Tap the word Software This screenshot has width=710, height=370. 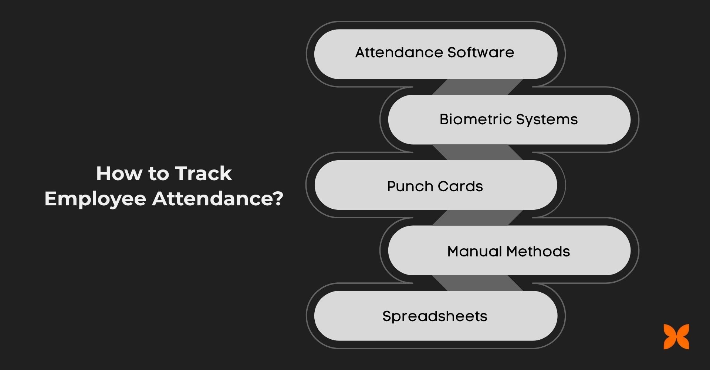(x=480, y=53)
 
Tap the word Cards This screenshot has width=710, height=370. (x=462, y=186)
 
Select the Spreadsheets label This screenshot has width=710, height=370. (x=435, y=316)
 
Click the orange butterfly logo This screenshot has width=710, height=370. (x=676, y=337)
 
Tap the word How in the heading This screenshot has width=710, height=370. (x=119, y=174)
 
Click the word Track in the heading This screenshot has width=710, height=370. (x=203, y=174)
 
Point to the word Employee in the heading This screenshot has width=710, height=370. (x=95, y=199)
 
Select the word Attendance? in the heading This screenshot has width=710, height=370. (x=217, y=199)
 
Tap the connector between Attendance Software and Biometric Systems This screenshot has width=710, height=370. (x=477, y=87)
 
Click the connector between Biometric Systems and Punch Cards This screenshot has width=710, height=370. (x=477, y=152)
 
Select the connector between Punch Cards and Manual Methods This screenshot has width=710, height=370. (x=477, y=218)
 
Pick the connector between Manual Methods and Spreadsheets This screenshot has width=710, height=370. (x=477, y=283)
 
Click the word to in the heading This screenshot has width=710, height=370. (x=158, y=174)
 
